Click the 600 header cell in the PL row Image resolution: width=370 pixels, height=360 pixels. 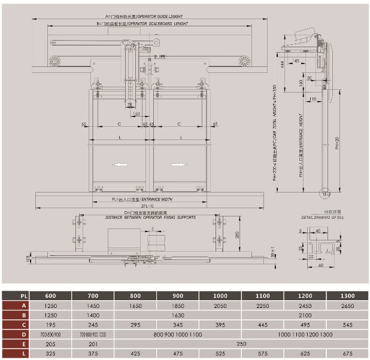point(51,295)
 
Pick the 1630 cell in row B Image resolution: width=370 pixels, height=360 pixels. point(178,316)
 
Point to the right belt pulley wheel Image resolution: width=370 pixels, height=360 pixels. point(244,61)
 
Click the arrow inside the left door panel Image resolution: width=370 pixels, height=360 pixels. point(122,164)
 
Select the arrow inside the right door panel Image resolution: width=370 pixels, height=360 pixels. point(179,164)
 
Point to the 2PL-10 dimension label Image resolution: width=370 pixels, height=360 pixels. point(148,205)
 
